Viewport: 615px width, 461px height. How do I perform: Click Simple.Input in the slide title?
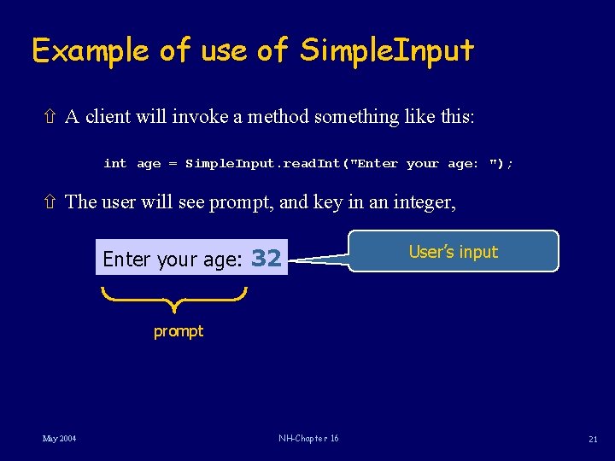coord(387,50)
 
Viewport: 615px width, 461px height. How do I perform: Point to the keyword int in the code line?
coord(114,163)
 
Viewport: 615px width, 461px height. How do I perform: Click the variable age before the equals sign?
coord(149,163)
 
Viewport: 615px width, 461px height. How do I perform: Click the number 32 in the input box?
coord(266,259)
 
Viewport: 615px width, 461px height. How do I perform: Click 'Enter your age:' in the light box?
coord(173,260)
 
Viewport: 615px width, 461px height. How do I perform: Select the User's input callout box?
coord(453,252)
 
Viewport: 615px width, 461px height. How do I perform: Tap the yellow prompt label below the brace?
coord(179,331)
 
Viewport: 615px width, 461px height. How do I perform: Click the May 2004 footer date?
coord(59,438)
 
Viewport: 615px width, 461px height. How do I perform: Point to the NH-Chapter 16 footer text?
coord(308,438)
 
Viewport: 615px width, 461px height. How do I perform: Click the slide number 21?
coord(592,439)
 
